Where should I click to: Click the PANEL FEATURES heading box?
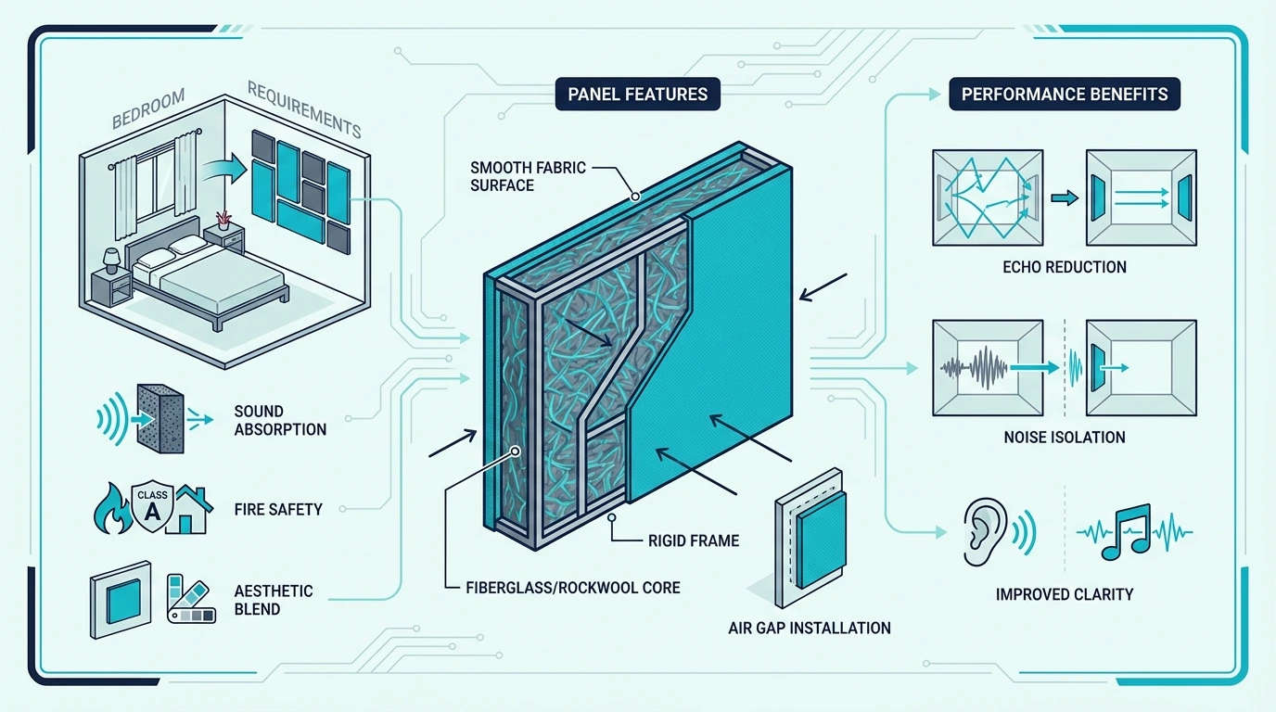coord(637,94)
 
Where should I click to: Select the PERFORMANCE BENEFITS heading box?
coord(1064,94)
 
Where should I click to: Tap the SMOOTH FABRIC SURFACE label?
coord(528,176)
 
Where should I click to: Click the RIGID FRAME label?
coord(694,540)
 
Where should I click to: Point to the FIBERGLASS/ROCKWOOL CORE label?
coord(572,588)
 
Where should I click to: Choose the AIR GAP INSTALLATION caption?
coord(810,629)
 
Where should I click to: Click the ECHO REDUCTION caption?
coord(1064,267)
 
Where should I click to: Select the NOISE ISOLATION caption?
coord(1064,438)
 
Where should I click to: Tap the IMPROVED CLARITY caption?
coord(1064,594)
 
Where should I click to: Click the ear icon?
coord(985,531)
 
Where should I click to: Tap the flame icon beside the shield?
coord(111,509)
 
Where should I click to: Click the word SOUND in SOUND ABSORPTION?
coord(259,412)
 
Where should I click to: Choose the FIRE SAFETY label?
coord(278,509)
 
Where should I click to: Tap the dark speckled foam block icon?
coord(160,419)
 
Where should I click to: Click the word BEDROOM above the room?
coord(148,108)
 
